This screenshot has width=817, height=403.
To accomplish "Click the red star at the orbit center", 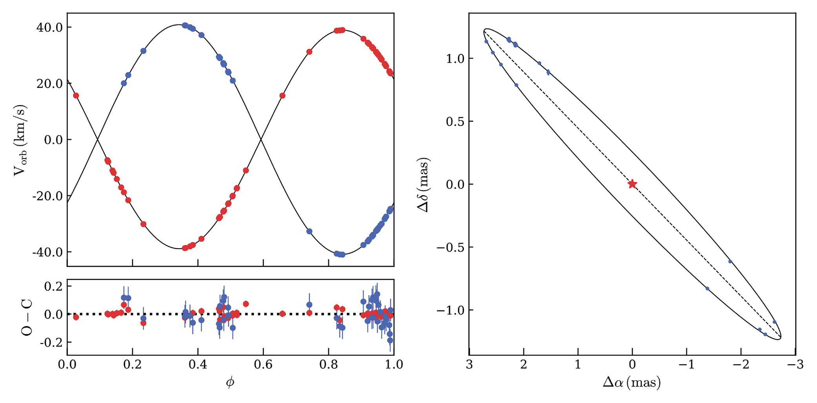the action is tap(632, 184).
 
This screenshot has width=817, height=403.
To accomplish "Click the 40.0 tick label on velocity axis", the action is tap(49, 27).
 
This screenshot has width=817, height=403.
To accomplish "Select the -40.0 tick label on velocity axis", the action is tap(47, 252).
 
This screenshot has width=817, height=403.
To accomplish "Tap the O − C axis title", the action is tap(27, 317).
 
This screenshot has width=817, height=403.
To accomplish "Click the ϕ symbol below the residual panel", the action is tap(230, 382).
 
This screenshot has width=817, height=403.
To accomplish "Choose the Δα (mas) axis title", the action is tap(632, 382).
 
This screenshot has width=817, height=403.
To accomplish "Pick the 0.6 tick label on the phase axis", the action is tap(263, 365).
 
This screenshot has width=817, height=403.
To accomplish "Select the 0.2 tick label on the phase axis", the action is tap(133, 365).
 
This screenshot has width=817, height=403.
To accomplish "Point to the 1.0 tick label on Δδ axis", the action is tap(455, 59).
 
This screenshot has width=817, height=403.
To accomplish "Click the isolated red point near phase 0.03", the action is tap(76, 95).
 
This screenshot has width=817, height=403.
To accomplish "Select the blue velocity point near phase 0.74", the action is tap(309, 231).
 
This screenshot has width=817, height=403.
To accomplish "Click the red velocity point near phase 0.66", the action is tap(282, 95).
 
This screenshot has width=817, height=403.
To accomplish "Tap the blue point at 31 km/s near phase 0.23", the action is tap(143, 51).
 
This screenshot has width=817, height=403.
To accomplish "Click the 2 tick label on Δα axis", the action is tap(523, 365).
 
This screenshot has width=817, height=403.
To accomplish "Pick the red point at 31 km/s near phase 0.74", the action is tap(309, 51).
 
